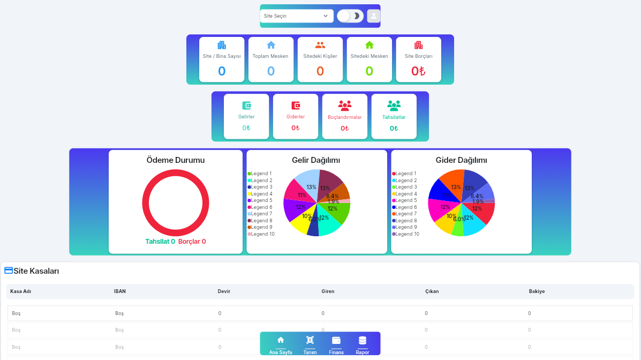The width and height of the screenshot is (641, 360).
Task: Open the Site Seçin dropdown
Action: point(296,16)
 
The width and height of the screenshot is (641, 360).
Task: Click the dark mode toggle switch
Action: point(350,16)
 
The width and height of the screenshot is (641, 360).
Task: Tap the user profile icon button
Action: point(373,16)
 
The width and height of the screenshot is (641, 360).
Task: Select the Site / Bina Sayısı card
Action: point(222,59)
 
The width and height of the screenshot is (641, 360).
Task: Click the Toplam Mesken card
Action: point(271,59)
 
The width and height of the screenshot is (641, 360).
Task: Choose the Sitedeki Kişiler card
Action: point(320,59)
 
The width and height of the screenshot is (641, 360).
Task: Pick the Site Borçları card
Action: point(419,59)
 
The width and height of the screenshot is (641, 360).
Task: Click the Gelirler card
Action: point(246,116)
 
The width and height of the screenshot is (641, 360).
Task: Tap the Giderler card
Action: point(296,116)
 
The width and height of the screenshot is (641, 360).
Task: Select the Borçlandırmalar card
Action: point(345,116)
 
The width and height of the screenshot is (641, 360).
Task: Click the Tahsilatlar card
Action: point(394,116)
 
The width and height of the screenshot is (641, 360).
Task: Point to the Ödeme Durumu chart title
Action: point(176,160)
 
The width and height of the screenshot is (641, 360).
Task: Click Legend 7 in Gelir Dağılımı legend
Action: point(261,214)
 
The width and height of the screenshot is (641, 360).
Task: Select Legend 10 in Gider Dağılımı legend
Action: point(407,234)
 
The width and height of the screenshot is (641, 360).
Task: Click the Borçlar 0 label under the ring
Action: point(192,242)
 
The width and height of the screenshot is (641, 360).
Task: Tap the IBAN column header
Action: point(120,291)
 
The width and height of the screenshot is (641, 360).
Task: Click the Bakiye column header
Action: point(537,291)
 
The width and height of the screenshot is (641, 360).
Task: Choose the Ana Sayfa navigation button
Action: point(281,344)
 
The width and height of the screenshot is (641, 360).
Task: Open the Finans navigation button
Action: point(336,344)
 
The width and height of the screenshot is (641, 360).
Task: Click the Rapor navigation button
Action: point(363,344)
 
